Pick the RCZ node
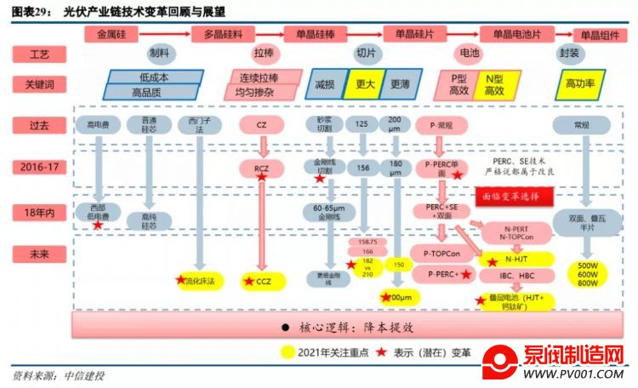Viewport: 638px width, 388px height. pos(260,168)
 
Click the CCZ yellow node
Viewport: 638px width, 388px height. pos(260,280)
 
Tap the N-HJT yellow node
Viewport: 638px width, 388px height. pos(516,258)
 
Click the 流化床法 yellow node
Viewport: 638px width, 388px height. pos(199,279)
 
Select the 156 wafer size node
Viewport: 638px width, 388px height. pos(362,168)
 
